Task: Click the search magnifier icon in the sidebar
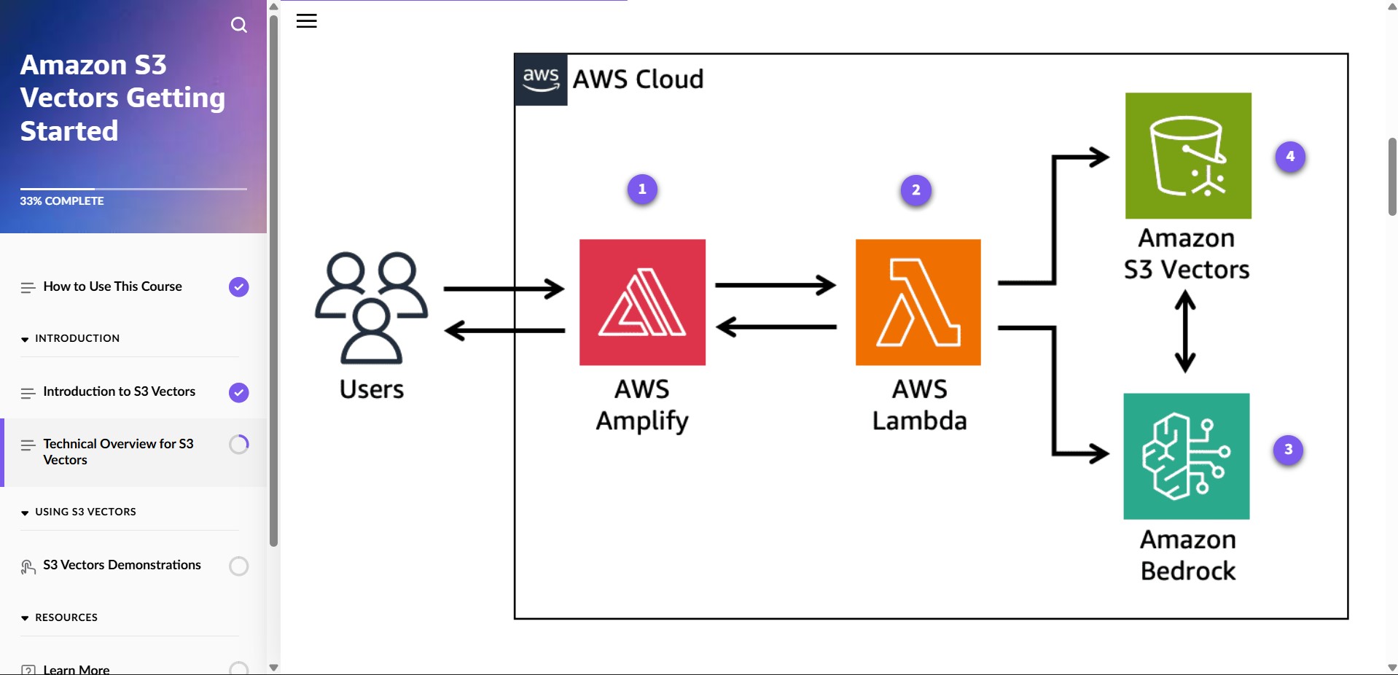point(238,26)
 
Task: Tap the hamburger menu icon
point(306,21)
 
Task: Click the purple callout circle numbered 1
point(642,190)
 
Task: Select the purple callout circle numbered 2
point(916,190)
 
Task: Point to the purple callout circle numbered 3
point(1288,450)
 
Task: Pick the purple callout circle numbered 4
point(1290,157)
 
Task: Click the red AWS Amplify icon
point(642,302)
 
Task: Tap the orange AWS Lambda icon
point(918,302)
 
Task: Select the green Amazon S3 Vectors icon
point(1188,155)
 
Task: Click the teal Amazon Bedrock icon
point(1186,456)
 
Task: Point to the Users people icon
point(371,307)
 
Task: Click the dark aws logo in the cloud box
point(541,79)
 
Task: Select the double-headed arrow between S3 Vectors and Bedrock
point(1185,332)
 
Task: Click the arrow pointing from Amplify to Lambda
point(775,285)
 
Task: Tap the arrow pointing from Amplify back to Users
point(504,330)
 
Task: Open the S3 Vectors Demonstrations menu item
point(122,565)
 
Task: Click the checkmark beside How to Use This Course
point(238,287)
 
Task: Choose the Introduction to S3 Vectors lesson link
point(119,391)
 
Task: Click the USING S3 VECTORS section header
point(85,512)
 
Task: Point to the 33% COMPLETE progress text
point(62,201)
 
